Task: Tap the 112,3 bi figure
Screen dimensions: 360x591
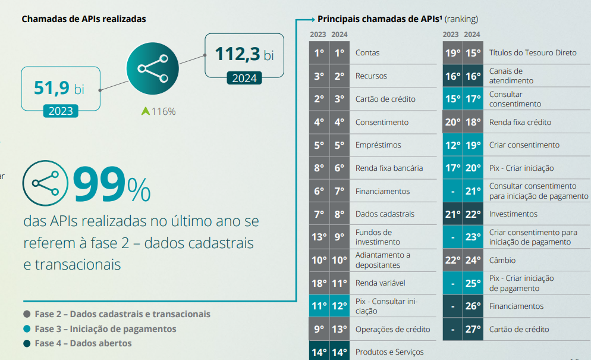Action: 244,55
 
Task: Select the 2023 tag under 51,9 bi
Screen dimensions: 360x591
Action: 61,111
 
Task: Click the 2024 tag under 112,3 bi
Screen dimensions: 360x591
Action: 244,78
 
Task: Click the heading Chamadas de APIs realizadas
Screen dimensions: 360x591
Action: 84,18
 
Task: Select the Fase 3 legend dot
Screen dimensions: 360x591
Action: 27,329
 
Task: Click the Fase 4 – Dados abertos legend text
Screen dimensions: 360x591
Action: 83,343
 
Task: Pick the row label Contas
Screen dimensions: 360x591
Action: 367,53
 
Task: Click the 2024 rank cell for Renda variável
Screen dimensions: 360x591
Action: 339,283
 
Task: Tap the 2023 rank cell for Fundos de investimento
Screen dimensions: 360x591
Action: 319,237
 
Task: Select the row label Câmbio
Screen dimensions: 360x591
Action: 502,260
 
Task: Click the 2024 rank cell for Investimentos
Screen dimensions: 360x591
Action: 473,214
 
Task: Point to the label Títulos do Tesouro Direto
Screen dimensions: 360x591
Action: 533,53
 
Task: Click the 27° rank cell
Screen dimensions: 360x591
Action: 473,330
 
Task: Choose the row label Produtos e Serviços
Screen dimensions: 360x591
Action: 389,352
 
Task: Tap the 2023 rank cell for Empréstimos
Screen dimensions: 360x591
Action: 319,145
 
